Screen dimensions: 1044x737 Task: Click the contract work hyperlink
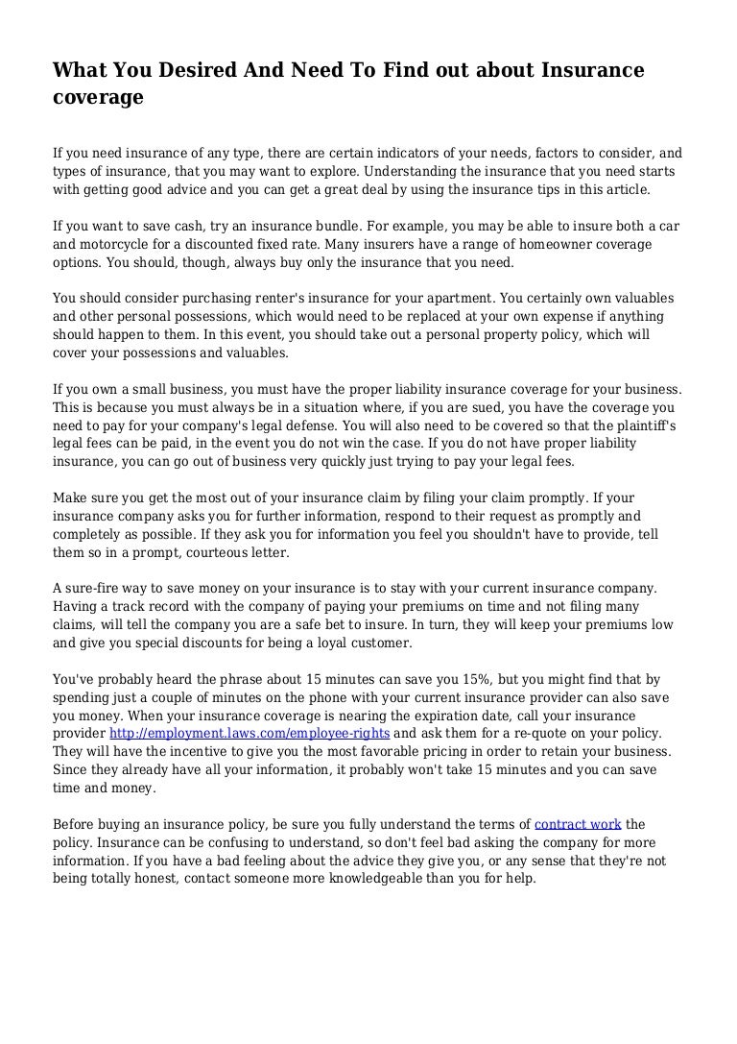point(578,824)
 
